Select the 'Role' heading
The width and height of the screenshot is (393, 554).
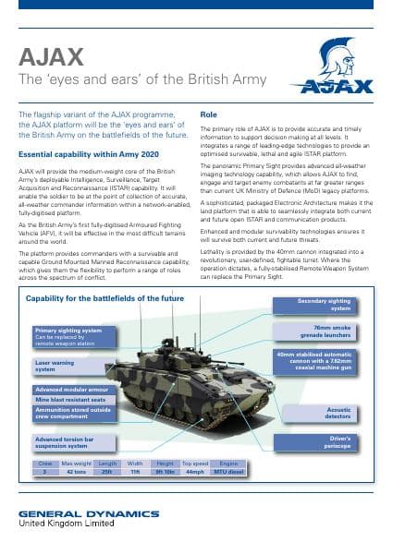pos(209,114)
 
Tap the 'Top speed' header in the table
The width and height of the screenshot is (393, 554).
pos(194,464)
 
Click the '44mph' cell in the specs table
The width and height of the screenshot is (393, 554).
pos(194,472)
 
